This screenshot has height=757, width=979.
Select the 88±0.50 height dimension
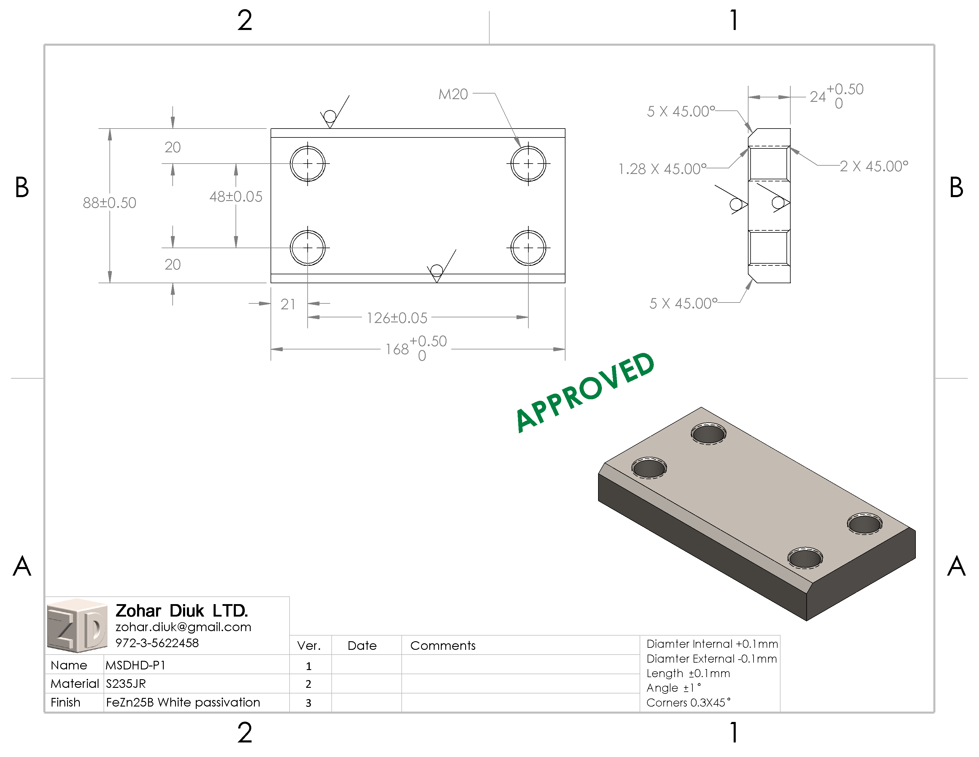(109, 203)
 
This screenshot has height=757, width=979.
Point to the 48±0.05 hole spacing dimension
(236, 197)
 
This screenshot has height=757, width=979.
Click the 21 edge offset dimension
(288, 305)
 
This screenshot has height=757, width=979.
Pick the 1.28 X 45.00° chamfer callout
(662, 169)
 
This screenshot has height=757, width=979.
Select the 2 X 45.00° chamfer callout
(874, 166)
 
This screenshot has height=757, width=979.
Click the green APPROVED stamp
(585, 392)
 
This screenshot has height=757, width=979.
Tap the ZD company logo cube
(77, 625)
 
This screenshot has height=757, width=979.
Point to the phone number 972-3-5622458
(157, 643)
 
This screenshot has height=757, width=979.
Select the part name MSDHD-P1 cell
(135, 665)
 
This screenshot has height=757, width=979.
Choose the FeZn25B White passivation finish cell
(183, 702)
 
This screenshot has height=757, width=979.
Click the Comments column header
(443, 646)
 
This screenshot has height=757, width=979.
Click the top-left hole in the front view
(308, 164)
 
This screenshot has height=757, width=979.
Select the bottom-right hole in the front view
(528, 248)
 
